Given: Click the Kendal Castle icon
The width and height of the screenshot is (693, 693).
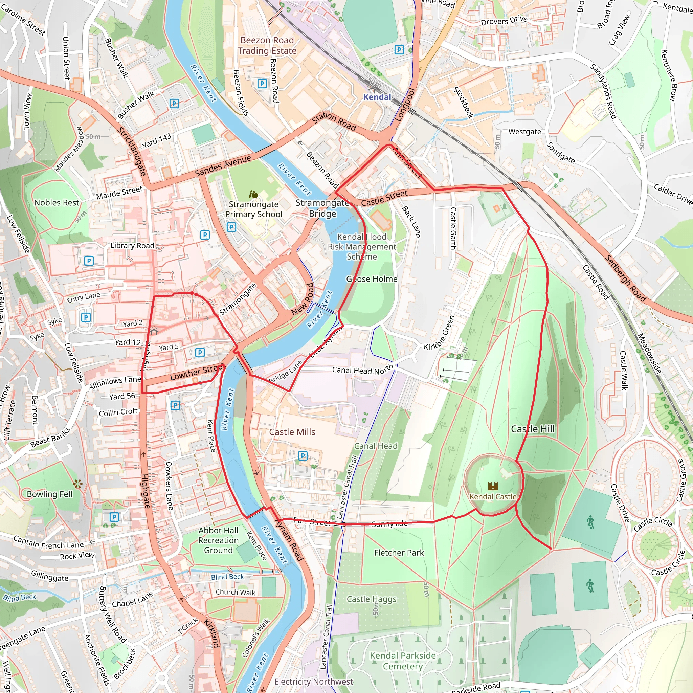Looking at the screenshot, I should (493, 486).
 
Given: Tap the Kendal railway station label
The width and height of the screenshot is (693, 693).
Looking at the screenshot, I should (377, 97).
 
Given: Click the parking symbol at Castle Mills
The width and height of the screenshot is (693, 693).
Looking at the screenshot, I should (303, 456).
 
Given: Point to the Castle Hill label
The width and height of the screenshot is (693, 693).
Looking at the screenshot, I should (532, 429).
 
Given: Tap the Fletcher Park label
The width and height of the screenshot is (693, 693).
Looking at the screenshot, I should (399, 553).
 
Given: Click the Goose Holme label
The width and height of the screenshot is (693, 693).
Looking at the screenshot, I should (372, 279).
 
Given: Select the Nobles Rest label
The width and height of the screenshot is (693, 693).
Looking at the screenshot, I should (57, 203).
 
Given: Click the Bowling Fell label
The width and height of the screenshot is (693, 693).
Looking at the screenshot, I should (49, 494).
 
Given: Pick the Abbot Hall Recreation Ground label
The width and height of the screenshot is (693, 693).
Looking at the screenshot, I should (219, 540).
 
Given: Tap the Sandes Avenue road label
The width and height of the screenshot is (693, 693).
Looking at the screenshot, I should (223, 166).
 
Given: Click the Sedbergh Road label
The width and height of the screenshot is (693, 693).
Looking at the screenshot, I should (625, 278).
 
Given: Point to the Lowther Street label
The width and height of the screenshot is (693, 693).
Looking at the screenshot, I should (197, 372).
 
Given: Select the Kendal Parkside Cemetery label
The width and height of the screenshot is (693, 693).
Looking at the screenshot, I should (402, 661).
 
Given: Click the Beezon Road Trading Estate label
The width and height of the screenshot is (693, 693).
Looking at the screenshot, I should (267, 46).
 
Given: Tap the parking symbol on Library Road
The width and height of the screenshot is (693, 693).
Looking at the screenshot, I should (89, 261).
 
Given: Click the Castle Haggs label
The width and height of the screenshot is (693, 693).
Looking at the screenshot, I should (372, 599).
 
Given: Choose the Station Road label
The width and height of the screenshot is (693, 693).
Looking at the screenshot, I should (334, 121).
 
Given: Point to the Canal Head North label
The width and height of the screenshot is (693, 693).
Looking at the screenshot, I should (362, 370).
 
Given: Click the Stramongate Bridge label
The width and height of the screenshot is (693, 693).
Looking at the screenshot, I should (322, 208).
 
